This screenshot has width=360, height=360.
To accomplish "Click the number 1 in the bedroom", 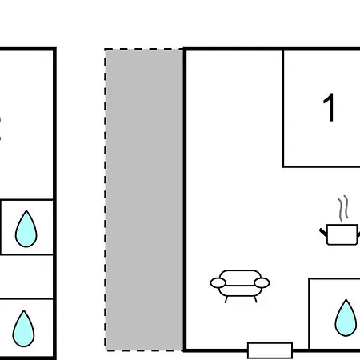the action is tap(330, 107).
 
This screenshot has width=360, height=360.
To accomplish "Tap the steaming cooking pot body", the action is tap(342, 234).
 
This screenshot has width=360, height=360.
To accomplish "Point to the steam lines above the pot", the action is tap(344, 209).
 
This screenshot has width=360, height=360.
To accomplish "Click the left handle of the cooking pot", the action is tap(323, 232).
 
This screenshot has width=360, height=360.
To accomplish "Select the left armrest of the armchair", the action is tap(218, 283).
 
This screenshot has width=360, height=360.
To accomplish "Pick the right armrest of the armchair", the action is tap(262, 283).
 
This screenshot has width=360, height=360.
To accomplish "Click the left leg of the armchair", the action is tap(226, 299).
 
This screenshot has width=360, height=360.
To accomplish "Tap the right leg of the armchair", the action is tap(255, 299).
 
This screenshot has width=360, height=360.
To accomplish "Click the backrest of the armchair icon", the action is tap(240, 274).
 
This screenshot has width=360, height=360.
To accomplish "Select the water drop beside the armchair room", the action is tap(346, 318).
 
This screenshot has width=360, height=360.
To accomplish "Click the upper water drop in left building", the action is tap(26, 229).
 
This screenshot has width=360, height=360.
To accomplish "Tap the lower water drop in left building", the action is tap(23, 328).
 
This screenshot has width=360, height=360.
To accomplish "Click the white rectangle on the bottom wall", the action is tap(270, 350).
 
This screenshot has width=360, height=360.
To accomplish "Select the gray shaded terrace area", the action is tap(144, 199).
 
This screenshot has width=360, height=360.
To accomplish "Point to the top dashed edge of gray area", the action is tap(143, 49).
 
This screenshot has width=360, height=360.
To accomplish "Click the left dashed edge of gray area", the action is tap(106, 199).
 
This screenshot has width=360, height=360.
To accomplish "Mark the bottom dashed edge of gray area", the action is tap(143, 350).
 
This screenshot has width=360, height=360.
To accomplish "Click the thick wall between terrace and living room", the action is tap(184, 199).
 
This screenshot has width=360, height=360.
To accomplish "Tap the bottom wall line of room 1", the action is tap(322, 167).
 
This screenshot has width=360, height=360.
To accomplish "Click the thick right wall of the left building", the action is tap(54, 203).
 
